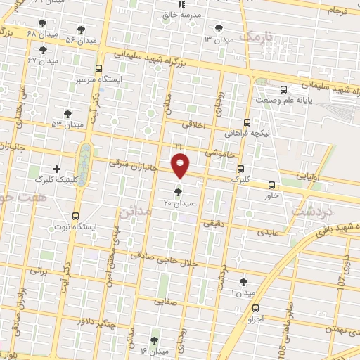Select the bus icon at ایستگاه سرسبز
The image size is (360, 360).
[98, 69]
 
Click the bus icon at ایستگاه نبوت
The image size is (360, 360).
[75, 217]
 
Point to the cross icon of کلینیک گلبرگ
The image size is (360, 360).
[57, 169]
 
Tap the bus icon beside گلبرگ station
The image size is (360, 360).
[240, 169]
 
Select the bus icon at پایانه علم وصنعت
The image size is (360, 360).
[283, 89]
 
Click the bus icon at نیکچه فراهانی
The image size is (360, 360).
[247, 121]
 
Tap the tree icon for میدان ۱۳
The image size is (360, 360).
[218, 28]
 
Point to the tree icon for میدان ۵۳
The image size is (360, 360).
[67, 113]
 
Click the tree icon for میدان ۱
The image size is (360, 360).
[243, 281]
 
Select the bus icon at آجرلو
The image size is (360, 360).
[255, 307]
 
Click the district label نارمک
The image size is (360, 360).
[254, 35]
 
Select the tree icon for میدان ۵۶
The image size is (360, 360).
[82, 30]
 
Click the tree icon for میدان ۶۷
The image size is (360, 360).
[44, 50]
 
